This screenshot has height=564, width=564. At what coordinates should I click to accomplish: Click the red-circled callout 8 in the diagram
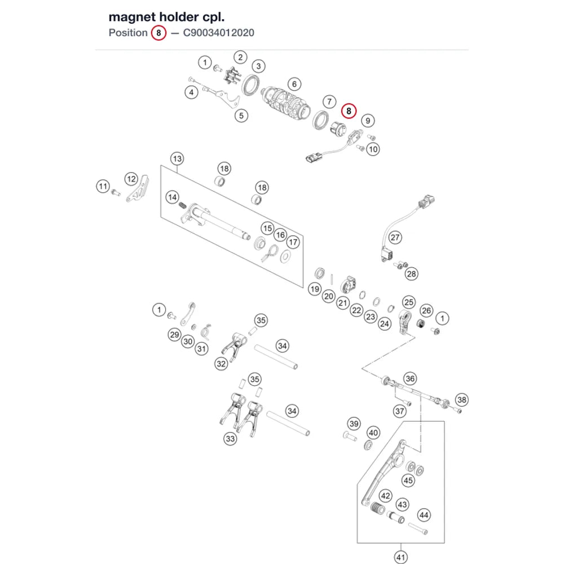click(x=349, y=111)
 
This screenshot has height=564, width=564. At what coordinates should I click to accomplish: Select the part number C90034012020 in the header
click(x=219, y=33)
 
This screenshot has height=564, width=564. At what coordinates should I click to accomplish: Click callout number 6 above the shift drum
click(x=294, y=84)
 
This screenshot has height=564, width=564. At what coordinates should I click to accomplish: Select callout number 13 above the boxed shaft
click(x=177, y=159)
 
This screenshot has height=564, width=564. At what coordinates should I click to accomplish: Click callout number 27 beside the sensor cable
click(x=395, y=237)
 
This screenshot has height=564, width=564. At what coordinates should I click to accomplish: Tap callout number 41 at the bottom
click(x=400, y=557)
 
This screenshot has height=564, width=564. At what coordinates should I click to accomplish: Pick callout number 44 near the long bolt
click(x=424, y=515)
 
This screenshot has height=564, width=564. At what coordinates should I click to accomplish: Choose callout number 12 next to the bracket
click(x=131, y=179)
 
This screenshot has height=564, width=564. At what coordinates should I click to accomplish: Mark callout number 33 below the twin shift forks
click(x=230, y=439)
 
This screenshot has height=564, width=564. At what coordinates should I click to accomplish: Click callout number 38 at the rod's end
click(x=462, y=400)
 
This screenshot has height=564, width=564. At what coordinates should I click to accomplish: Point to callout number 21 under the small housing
click(x=343, y=303)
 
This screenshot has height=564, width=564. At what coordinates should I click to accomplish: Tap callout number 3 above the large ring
click(x=258, y=66)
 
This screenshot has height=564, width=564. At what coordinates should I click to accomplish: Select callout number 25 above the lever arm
click(x=408, y=302)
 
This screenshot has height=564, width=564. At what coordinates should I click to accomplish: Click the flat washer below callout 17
click(x=285, y=257)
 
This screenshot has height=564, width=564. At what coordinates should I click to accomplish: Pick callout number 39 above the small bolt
click(x=354, y=424)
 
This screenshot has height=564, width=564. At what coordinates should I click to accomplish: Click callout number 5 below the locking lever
click(x=241, y=116)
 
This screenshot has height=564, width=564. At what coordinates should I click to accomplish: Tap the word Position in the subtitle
click(x=128, y=33)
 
